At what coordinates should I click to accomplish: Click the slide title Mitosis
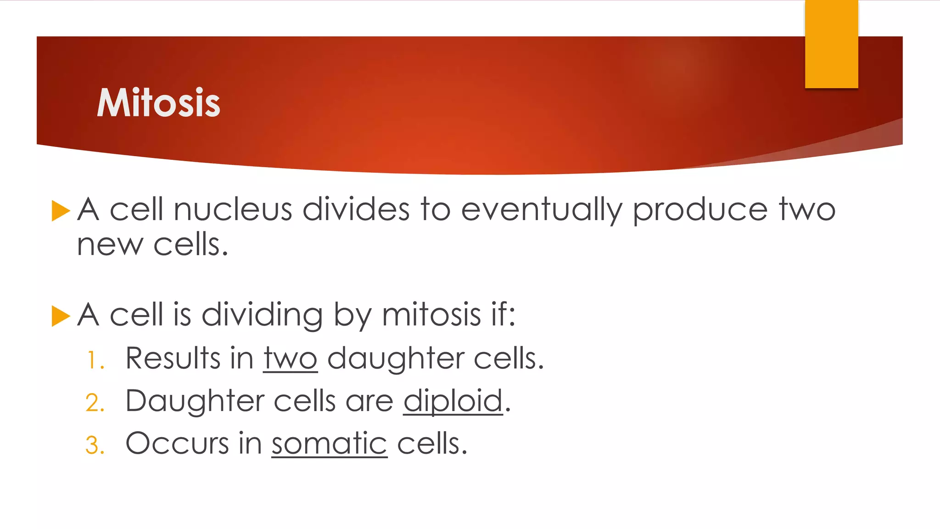click(x=158, y=103)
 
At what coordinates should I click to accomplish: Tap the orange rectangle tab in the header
click(x=831, y=44)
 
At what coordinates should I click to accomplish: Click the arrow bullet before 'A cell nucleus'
click(x=61, y=211)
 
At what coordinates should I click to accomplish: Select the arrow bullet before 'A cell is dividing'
click(x=61, y=316)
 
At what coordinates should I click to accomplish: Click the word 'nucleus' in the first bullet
click(x=233, y=210)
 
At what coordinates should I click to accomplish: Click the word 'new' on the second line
click(x=110, y=245)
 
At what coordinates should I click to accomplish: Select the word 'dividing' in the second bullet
click(x=262, y=316)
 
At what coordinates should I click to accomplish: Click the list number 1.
click(x=95, y=360)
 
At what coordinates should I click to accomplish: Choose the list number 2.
click(x=95, y=403)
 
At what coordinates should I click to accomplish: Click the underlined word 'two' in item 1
click(x=290, y=359)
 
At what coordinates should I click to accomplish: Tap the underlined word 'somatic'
click(x=329, y=444)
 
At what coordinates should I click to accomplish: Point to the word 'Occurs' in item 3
click(x=177, y=444)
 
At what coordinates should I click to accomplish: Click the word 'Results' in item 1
click(x=173, y=358)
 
